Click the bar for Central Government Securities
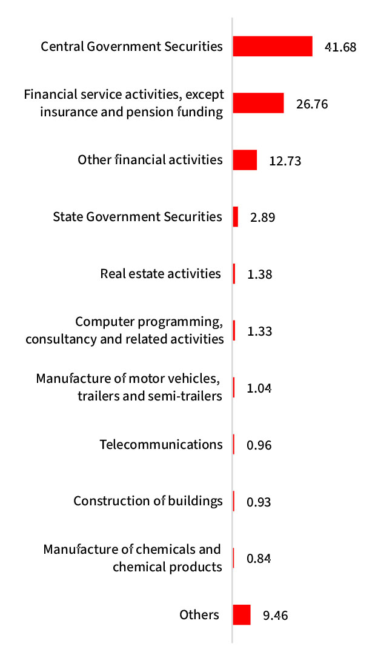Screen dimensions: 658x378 click(273, 46)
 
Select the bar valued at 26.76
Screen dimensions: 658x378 click(259, 103)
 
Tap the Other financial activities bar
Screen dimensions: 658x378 click(245, 161)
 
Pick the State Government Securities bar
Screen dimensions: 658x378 click(236, 217)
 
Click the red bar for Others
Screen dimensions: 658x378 click(242, 615)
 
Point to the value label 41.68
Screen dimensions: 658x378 click(340, 47)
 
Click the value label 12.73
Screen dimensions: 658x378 click(285, 161)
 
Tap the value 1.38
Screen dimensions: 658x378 click(260, 274)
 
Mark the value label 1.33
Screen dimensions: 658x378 click(260, 331)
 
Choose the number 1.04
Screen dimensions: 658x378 click(259, 388)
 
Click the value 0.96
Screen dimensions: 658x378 click(259, 445)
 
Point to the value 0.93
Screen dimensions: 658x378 click(259, 502)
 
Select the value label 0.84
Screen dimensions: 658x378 click(259, 559)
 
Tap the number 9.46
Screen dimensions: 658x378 click(276, 616)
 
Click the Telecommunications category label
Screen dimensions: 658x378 click(161, 445)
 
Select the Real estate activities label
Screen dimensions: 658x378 click(161, 274)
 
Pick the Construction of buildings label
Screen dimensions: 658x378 click(148, 501)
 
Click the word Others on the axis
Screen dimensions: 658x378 click(199, 615)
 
